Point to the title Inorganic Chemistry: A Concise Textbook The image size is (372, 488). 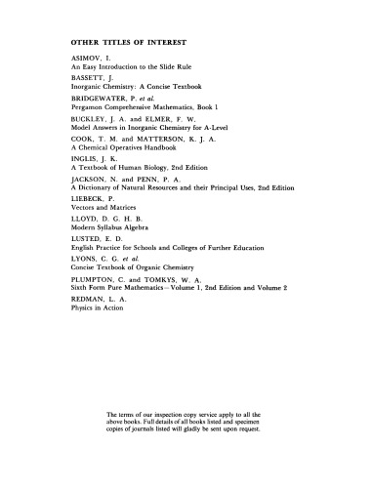pyautogui.click(x=145, y=96)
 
